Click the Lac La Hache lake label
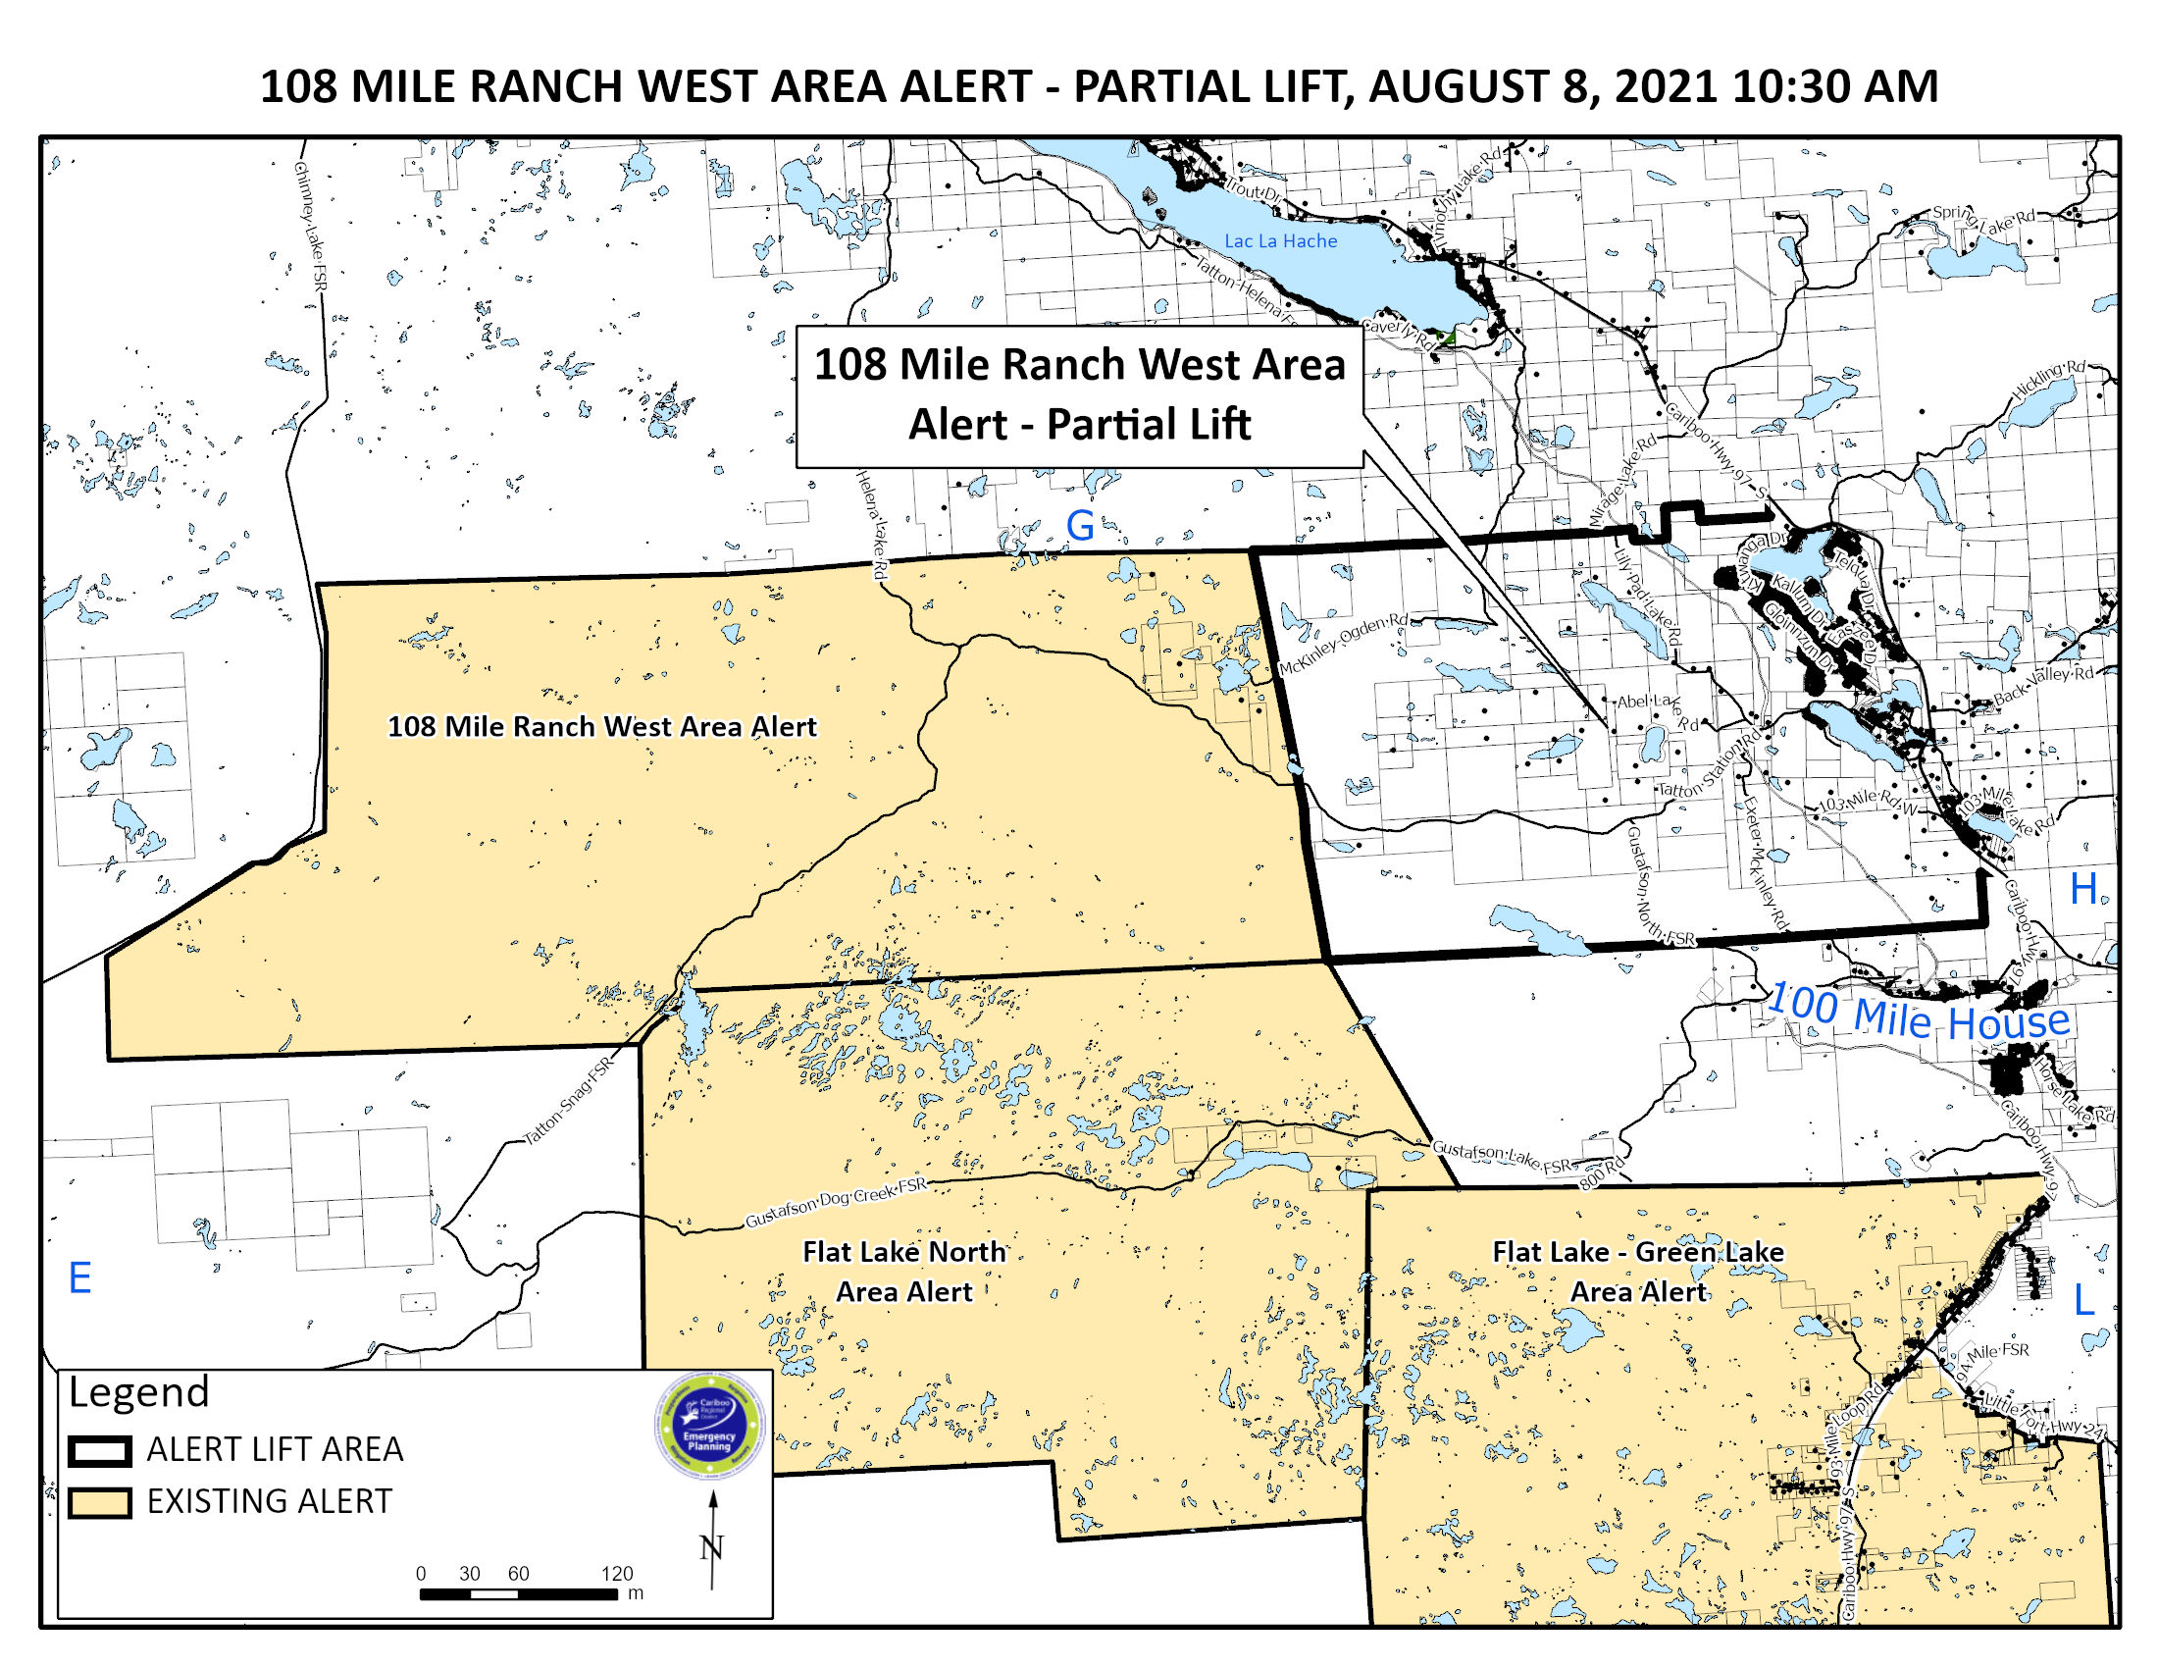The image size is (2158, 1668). pos(1280,241)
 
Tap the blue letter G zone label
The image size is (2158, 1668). pos(1079,526)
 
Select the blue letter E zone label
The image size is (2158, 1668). pos(80,1278)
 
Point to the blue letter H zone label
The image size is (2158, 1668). pos(2082,889)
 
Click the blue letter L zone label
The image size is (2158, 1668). pos(2082,1300)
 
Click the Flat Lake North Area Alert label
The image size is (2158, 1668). pos(904,1272)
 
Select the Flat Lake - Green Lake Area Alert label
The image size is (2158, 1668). pos(1637,1272)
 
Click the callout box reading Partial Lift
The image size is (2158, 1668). pos(1079,395)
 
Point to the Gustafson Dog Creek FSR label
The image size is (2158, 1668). pos(836,1202)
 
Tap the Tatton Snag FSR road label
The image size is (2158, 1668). pos(568,1101)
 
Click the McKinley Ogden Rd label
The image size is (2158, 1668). pos(1344,644)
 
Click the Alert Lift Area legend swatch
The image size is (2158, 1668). pos(100,1450)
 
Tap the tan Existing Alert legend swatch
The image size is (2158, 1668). pos(100,1502)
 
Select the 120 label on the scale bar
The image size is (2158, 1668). pos(617,1573)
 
